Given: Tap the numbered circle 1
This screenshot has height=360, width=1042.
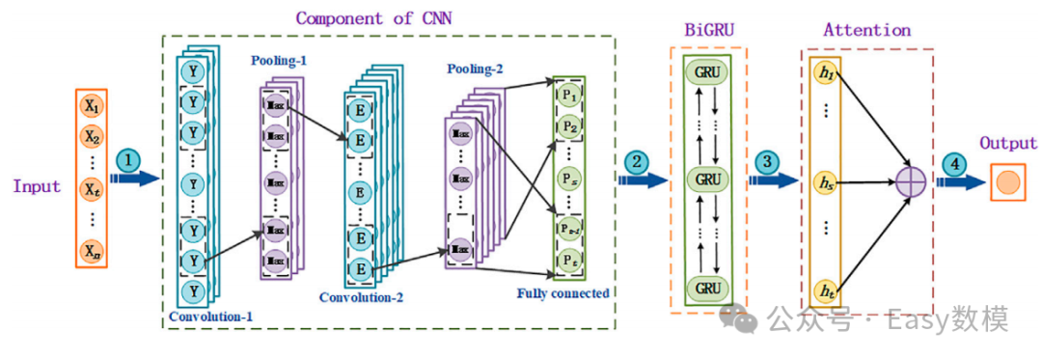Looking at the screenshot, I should click(x=128, y=159).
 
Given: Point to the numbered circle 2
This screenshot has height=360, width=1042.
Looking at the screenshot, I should click(x=637, y=162).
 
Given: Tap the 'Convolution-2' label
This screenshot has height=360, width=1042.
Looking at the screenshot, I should click(x=362, y=297).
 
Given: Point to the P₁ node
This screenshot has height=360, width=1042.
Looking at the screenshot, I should click(x=567, y=97).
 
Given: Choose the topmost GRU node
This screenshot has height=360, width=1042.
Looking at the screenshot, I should click(x=707, y=73).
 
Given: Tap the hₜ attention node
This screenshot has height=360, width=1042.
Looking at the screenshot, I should click(x=825, y=289).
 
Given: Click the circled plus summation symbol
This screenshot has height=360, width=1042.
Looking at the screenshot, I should click(x=910, y=180).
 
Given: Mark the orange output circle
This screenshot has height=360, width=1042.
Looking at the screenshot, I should click(x=1008, y=180).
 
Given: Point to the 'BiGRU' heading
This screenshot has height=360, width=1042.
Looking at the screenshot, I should click(x=708, y=30).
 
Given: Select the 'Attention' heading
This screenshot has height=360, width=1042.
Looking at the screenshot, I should click(x=866, y=30).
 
